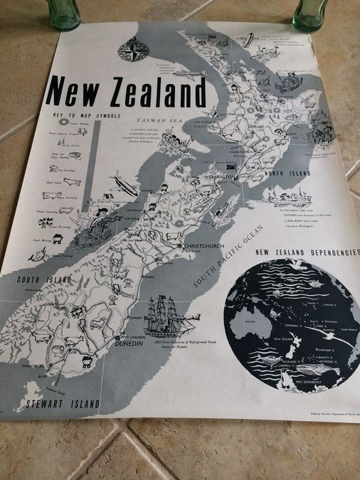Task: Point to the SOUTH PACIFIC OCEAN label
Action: point(229,255)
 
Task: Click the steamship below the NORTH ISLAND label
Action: point(288,196)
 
